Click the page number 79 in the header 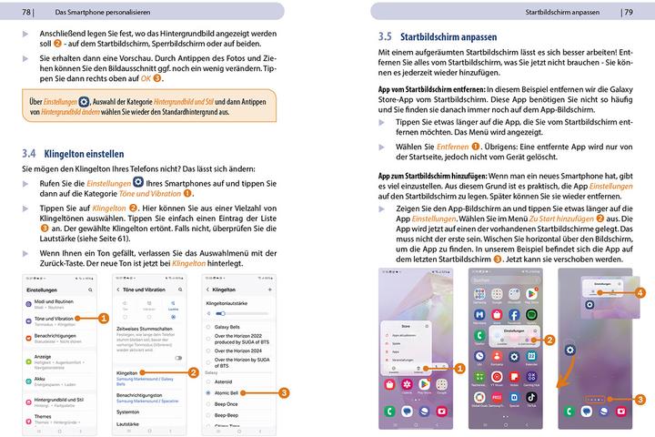tap(628, 12)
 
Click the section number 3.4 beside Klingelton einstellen tap(30, 155)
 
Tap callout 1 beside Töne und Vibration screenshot tap(103, 318)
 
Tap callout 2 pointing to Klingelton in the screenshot tap(193, 372)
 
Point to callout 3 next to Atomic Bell tap(284, 392)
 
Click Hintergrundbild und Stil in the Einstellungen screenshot tap(57, 401)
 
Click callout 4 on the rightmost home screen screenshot tap(640, 292)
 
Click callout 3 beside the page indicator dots tap(640, 399)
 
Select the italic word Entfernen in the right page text tap(452, 147)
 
